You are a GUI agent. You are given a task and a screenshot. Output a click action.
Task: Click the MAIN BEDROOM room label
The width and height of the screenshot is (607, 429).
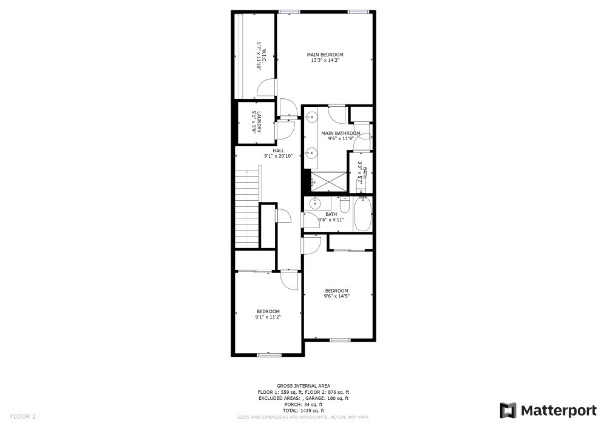325,55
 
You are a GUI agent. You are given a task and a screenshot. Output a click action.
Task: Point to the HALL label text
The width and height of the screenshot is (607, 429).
278,150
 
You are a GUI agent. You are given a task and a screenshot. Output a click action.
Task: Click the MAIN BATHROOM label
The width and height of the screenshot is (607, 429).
341,133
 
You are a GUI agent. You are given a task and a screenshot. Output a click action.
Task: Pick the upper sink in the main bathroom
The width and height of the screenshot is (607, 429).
311,117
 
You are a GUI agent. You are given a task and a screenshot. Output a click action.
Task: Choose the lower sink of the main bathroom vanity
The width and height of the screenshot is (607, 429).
311,152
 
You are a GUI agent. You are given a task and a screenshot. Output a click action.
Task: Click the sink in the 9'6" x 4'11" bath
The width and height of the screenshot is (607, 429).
315,203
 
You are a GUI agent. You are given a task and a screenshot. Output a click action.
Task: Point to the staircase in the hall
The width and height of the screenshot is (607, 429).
247,206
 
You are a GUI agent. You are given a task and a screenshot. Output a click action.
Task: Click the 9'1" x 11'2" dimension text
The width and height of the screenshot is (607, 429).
268,317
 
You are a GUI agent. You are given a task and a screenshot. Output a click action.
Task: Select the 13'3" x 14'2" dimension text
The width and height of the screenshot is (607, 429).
325,60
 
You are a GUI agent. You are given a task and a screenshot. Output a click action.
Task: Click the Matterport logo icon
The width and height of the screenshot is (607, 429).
507,411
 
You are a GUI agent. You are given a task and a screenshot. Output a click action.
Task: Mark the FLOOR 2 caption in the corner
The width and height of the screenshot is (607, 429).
22,416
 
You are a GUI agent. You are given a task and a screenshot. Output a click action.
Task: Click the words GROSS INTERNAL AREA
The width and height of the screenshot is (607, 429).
303,385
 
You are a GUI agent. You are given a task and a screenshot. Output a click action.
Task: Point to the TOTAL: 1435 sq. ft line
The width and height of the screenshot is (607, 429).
303,410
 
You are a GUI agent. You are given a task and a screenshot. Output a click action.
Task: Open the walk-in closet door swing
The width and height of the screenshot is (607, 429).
266,89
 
